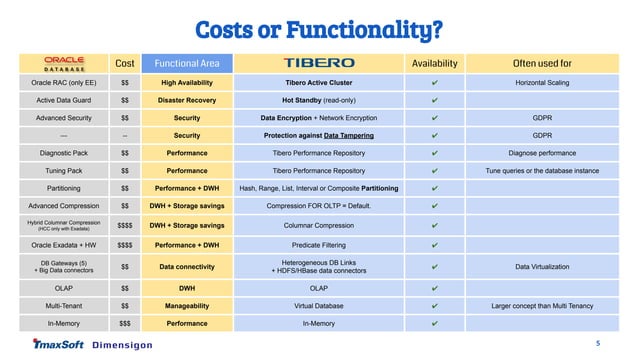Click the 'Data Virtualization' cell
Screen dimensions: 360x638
coord(542,267)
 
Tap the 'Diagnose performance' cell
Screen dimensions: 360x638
coord(542,153)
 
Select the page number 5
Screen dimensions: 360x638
coord(598,343)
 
